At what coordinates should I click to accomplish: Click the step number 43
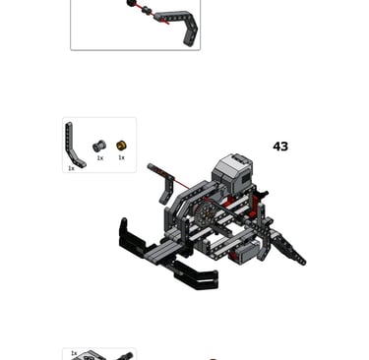pyautogui.click(x=280, y=147)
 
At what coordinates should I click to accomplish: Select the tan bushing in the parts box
pyautogui.click(x=121, y=146)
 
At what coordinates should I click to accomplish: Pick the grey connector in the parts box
pyautogui.click(x=99, y=146)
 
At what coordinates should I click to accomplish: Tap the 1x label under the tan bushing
pyautogui.click(x=121, y=157)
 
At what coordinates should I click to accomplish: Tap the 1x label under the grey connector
pyautogui.click(x=100, y=158)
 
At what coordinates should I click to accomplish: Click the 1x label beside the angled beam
pyautogui.click(x=71, y=168)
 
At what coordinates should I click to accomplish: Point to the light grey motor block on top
pyautogui.click(x=233, y=172)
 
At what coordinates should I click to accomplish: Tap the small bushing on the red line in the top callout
pyautogui.click(x=147, y=12)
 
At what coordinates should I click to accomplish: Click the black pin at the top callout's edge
pyautogui.click(x=132, y=3)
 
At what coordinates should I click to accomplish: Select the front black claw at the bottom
pyautogui.click(x=196, y=275)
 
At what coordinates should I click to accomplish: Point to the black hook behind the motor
pyautogui.click(x=263, y=194)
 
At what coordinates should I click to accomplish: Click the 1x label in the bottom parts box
pyautogui.click(x=74, y=353)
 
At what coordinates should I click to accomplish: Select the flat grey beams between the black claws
pyautogui.click(x=165, y=251)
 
